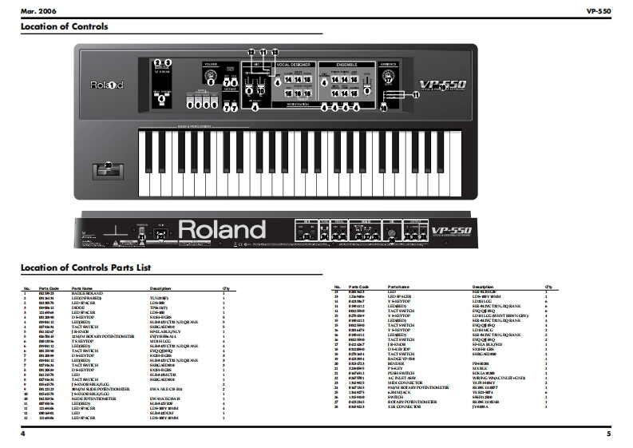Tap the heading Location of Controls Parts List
point(85,268)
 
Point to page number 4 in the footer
point(24,434)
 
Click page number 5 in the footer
point(607,434)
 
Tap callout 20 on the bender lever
point(108,166)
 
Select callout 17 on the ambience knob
point(389,79)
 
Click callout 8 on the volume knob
point(211,80)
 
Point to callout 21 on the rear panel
point(143,236)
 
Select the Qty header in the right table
point(548,286)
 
